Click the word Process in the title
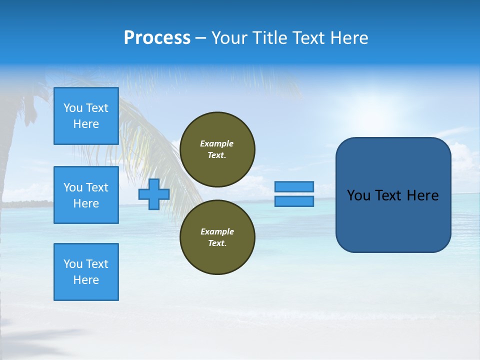point(157,38)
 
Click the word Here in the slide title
point(347,38)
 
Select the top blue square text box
point(86,116)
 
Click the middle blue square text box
point(86,195)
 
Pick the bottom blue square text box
point(86,272)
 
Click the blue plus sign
point(154,194)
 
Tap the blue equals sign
point(294,194)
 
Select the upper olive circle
point(217,149)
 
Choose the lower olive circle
point(217,237)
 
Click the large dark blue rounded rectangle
point(393,195)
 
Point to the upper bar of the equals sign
point(294,187)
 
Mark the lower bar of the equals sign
point(294,201)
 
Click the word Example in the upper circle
point(217,143)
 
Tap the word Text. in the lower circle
point(217,243)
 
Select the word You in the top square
point(73,108)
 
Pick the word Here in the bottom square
point(86,280)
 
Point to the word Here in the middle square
point(86,203)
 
